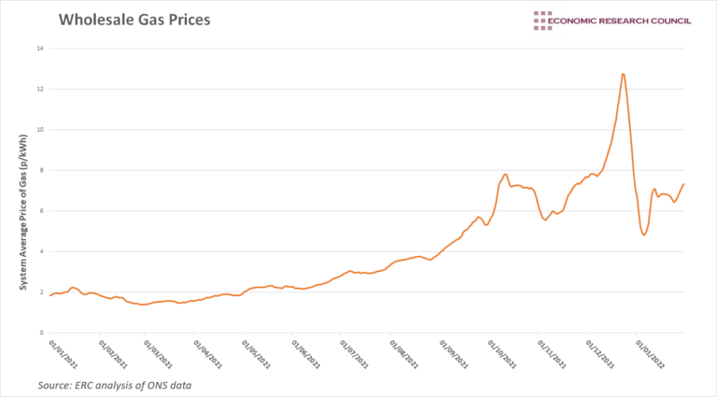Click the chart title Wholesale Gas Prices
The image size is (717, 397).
[x=134, y=19]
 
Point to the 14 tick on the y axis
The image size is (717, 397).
[x=38, y=49]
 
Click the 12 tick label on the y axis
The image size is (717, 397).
[x=38, y=89]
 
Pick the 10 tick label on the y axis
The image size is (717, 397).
[x=38, y=130]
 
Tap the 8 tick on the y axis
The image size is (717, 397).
[x=40, y=170]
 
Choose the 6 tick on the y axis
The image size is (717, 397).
[x=40, y=211]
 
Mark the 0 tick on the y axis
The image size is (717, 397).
[x=40, y=333]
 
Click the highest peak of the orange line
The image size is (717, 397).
[x=623, y=74]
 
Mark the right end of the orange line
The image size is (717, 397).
[x=684, y=184]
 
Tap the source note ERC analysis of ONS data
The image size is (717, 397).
[x=117, y=385]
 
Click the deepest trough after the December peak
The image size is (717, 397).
[x=644, y=234]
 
